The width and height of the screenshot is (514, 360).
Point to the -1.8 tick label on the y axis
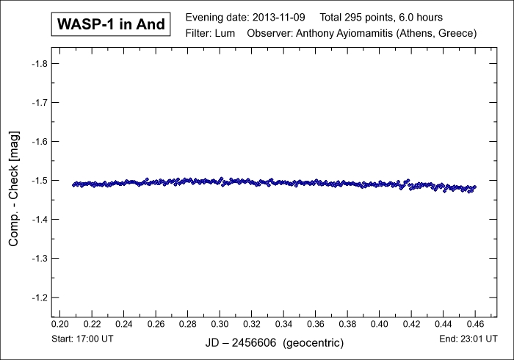[39, 63]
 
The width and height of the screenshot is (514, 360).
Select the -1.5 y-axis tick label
[39, 181]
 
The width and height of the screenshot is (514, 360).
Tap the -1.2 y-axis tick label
[39, 298]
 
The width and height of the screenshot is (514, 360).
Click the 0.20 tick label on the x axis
[59, 323]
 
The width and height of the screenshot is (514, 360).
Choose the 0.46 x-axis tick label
[475, 323]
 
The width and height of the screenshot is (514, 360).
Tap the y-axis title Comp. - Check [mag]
[14, 181]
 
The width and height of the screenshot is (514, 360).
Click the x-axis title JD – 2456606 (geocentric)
[273, 343]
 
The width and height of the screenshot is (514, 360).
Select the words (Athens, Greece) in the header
[440, 34]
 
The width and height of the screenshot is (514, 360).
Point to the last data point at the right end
[474, 187]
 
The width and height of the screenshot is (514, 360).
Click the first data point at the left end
[73, 184]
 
